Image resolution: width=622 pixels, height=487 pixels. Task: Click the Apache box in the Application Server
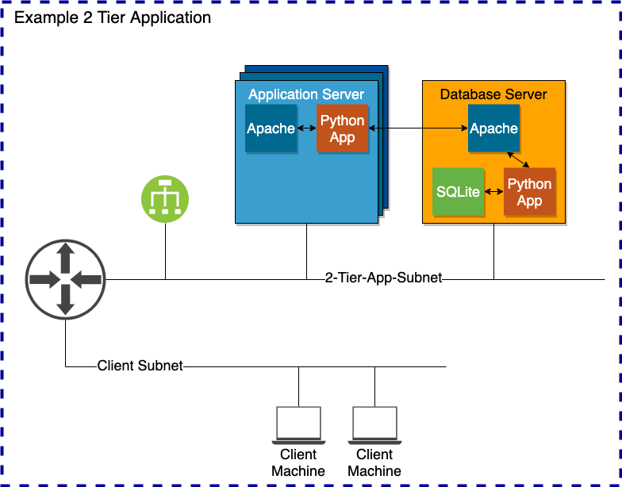pos(271,128)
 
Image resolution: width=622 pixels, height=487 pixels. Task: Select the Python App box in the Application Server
pos(342,128)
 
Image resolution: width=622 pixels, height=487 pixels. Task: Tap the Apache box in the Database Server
pos(493,128)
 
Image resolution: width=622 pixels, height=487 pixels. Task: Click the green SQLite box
pos(458,192)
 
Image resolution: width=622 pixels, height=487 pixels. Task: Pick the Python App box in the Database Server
pos(529,192)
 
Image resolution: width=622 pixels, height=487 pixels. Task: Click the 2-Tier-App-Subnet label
pos(383,278)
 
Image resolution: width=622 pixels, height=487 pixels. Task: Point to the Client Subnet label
pos(140,366)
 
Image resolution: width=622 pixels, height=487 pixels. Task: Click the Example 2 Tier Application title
pos(113,17)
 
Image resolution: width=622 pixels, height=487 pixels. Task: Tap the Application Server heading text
pos(306,94)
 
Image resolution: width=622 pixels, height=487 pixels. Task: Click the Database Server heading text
pos(493,94)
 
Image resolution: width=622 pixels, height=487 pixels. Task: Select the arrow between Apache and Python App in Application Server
pos(306,128)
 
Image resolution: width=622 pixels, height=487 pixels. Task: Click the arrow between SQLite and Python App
pos(493,192)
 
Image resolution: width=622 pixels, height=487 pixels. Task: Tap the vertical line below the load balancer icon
pos(165,250)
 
